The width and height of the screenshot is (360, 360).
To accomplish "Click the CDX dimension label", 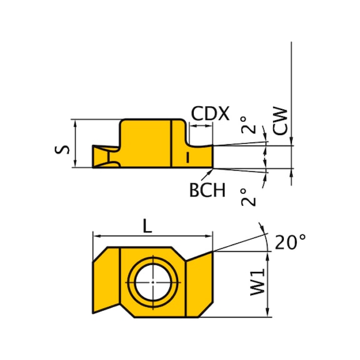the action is coord(210,113).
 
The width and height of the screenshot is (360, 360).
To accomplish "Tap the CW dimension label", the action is coord(280,121).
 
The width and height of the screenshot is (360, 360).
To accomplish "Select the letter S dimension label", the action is coord(62,149).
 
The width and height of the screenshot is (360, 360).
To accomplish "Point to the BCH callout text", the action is coord(207,190).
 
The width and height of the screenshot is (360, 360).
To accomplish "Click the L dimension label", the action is coord(147,226).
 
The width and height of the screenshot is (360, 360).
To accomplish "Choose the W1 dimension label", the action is coord(257,282).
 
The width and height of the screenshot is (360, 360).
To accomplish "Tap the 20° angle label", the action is coord(290,242).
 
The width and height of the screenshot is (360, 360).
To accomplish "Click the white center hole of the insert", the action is coord(153,282).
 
